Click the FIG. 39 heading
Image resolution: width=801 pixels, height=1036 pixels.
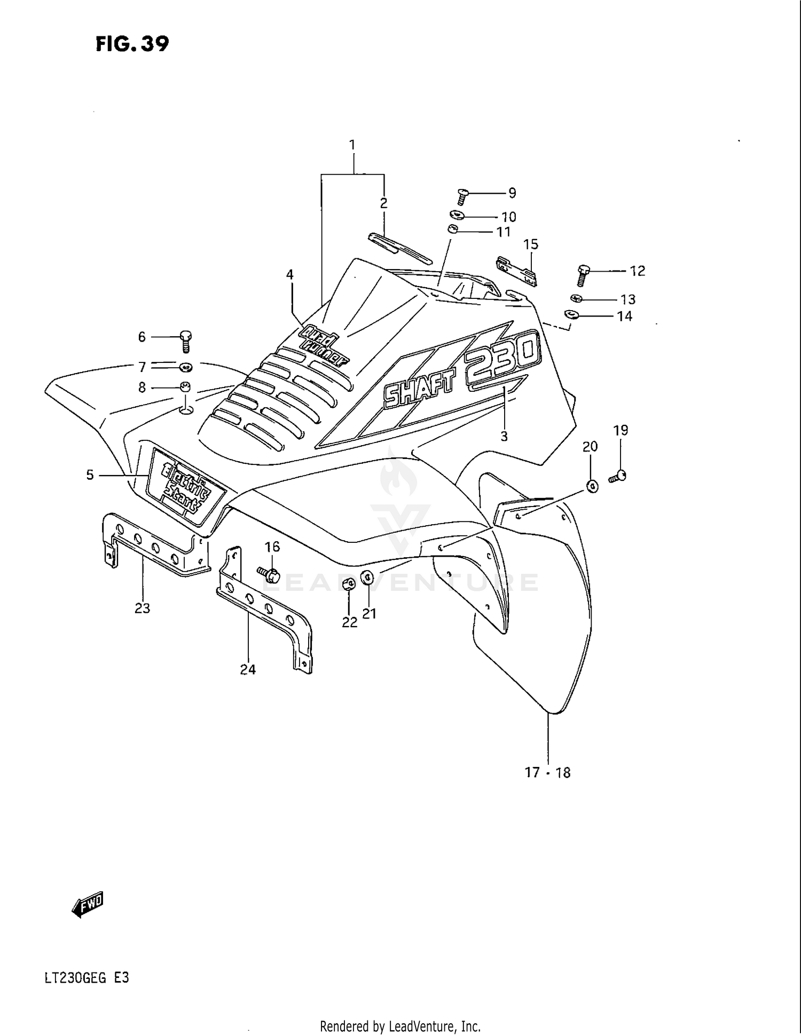tap(132, 44)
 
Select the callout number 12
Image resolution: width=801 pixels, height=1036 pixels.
tap(637, 271)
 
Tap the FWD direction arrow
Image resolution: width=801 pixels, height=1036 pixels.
tap(88, 904)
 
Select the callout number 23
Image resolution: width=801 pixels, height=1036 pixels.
tap(142, 608)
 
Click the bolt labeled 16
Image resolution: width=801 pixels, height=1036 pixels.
tap(270, 574)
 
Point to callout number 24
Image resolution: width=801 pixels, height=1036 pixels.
tap(248, 669)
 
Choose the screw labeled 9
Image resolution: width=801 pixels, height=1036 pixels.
tap(462, 196)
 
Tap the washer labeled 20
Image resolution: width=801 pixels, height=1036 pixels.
tap(592, 486)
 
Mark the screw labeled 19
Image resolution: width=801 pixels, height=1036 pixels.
tap(618, 476)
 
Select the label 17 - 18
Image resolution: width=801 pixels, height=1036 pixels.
tap(547, 772)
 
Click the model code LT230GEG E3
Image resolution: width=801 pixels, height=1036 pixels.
tap(87, 978)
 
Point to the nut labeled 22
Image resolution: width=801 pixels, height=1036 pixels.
tap(348, 583)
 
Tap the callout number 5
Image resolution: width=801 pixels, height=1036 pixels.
tap(90, 474)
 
